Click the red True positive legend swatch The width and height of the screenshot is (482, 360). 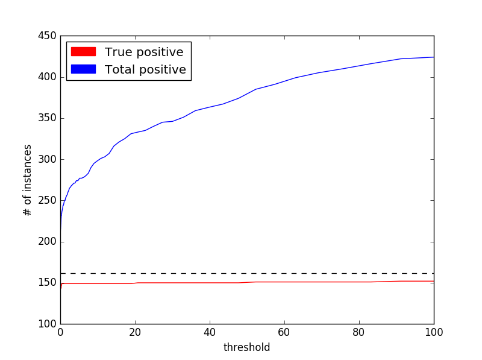click(83, 52)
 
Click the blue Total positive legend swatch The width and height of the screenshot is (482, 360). click(83, 69)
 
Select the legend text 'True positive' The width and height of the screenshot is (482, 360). click(144, 52)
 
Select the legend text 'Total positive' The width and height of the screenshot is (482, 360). click(145, 69)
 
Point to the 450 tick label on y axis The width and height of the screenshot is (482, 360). click(47, 36)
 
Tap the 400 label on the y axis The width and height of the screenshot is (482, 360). click(47, 77)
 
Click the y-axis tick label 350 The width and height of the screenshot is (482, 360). click(47, 118)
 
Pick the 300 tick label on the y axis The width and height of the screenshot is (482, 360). click(47, 159)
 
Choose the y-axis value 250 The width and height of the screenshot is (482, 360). click(47, 201)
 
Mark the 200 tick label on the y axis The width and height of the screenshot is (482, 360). click(47, 242)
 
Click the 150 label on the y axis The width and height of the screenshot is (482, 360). click(47, 283)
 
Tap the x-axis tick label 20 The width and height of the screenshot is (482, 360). click(135, 332)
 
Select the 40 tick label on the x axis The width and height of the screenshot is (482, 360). click(210, 332)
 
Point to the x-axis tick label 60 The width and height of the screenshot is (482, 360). click(284, 332)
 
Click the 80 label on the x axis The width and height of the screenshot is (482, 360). click(359, 332)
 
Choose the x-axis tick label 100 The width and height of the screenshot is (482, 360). click(434, 332)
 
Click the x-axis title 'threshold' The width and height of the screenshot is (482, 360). click(246, 347)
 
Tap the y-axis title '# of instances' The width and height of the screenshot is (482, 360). click(27, 180)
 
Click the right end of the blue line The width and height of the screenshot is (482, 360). click(433, 57)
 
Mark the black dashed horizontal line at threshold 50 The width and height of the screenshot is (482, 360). click(247, 274)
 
